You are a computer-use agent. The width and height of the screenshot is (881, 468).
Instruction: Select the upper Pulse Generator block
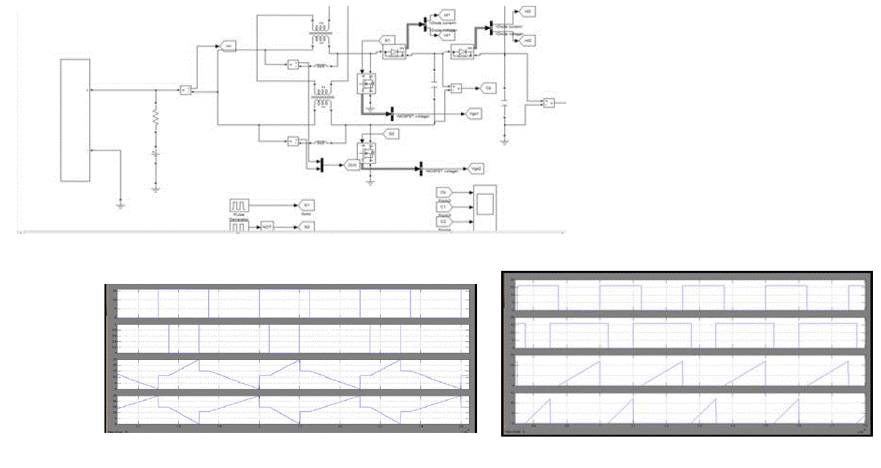pos(240,207)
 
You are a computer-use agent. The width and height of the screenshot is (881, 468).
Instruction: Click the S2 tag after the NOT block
pos(308,227)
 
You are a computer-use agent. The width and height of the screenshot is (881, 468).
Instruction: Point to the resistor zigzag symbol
pos(155,118)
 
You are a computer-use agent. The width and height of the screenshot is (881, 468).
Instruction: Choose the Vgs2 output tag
pos(475,169)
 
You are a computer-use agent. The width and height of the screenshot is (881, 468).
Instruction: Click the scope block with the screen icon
pos(483,208)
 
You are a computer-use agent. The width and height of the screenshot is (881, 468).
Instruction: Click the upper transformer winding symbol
pos(321,28)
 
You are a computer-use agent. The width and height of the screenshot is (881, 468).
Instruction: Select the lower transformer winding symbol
pos(321,103)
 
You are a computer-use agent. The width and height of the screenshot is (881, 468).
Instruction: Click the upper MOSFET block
pos(365,83)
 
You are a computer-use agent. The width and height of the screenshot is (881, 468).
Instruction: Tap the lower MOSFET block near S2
pos(365,153)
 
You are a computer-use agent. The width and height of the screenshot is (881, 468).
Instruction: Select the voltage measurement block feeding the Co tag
pos(455,88)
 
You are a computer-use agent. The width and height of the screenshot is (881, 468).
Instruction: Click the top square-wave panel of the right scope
pos(690,296)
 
